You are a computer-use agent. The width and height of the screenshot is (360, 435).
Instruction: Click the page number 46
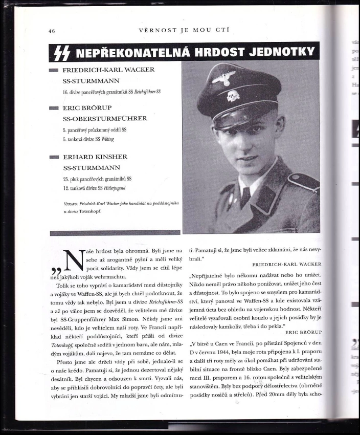(x=52, y=31)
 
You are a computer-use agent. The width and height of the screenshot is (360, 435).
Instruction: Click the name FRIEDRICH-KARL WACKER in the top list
(x=108, y=70)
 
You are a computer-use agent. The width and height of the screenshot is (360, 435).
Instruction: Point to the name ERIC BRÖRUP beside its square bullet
(x=87, y=108)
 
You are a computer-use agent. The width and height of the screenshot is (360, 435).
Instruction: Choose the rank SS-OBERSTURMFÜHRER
(x=105, y=118)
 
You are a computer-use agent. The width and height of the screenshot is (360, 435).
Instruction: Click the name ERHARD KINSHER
(x=95, y=157)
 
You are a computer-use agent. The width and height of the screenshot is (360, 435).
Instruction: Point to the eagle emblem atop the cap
(x=223, y=78)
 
